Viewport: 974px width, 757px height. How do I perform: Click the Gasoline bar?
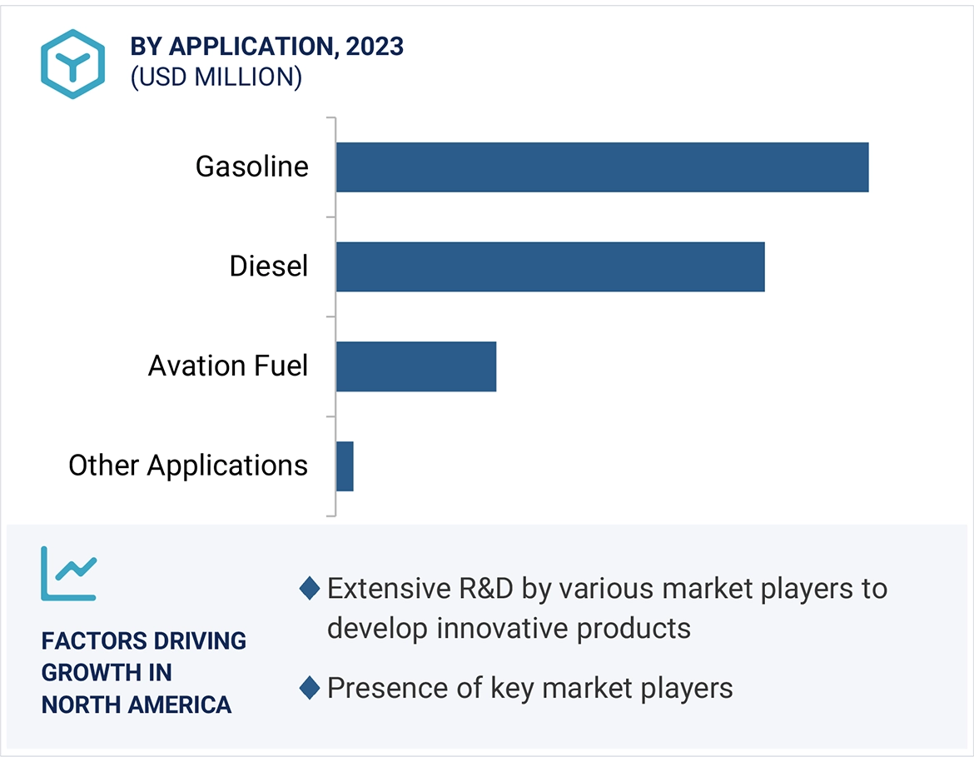(x=602, y=167)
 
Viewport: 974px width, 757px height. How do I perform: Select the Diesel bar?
(x=549, y=266)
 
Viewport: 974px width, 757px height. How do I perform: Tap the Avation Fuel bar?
(x=415, y=366)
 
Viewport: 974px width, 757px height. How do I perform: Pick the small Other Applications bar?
(x=345, y=466)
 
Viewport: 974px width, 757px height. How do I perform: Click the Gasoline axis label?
(x=251, y=167)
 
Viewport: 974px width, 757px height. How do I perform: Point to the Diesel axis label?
(x=269, y=266)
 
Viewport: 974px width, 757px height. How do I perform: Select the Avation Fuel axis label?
(x=228, y=366)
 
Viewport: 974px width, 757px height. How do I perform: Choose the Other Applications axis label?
(x=188, y=466)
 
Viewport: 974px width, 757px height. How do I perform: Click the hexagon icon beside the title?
(x=73, y=64)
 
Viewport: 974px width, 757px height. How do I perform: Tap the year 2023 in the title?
(x=375, y=47)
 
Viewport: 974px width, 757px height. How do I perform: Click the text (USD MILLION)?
(x=216, y=77)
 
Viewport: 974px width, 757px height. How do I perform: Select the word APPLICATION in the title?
(x=249, y=47)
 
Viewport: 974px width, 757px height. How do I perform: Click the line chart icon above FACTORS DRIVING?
(x=69, y=574)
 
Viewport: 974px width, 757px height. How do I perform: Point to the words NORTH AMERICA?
(x=137, y=705)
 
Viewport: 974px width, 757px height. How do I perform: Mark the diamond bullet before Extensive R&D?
(x=310, y=589)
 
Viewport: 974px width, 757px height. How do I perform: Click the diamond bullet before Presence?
(x=310, y=688)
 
